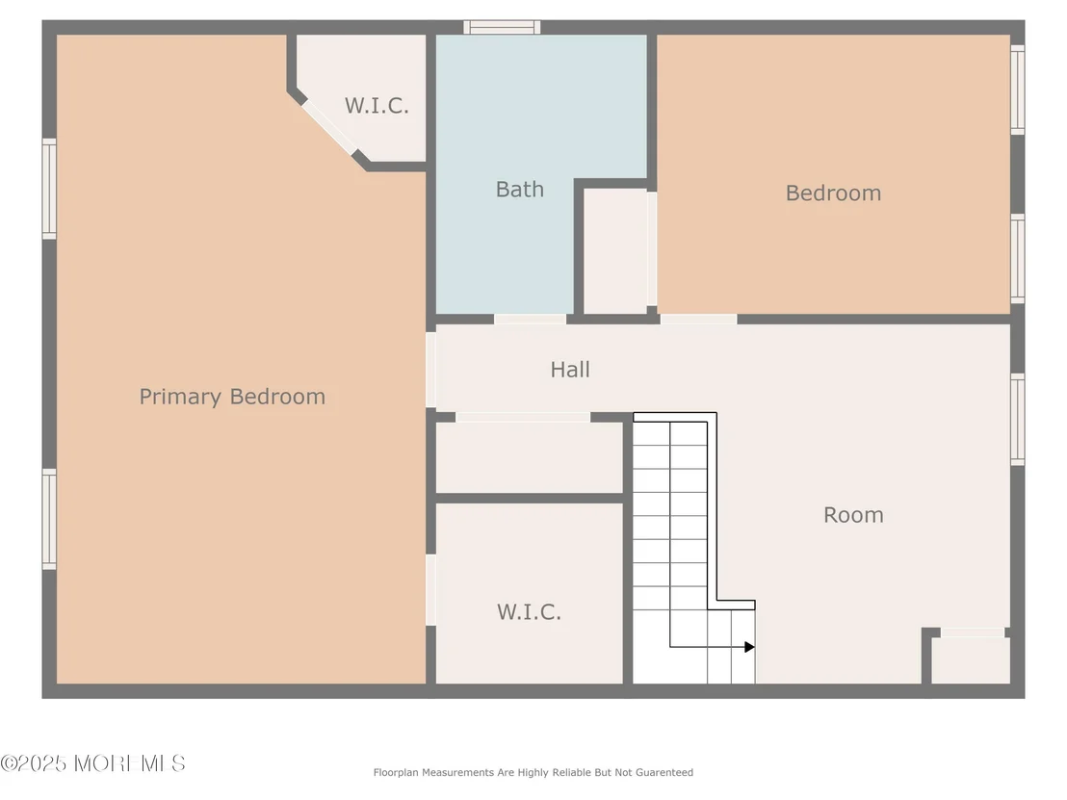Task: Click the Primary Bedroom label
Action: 232,397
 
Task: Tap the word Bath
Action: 520,189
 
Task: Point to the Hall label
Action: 570,370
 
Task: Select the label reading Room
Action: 853,515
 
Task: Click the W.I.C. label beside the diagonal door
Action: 377,106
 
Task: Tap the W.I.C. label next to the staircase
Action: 529,612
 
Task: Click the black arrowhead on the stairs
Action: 749,647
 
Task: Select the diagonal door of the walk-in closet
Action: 329,127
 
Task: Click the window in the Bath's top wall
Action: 502,27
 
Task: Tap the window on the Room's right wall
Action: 1017,419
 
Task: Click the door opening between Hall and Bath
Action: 530,319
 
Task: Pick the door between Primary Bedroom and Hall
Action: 430,370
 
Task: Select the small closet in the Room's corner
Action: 971,659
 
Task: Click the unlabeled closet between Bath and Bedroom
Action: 616,251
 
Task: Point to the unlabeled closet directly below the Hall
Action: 530,457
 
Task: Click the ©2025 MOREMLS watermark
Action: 93,763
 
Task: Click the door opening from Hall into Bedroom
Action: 698,319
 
